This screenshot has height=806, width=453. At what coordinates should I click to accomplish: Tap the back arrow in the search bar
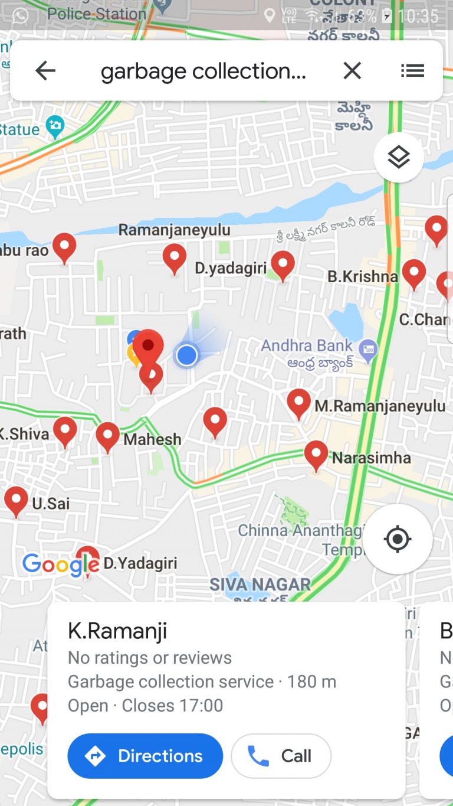coord(45,71)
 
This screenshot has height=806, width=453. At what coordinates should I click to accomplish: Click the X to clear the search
coord(352,71)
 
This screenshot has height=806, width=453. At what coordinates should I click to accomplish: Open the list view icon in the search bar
coord(412,71)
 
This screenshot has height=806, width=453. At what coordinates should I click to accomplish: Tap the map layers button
coord(399,157)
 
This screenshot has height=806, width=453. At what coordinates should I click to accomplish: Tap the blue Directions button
coord(145,756)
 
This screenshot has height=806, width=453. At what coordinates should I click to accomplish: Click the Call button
coord(281,756)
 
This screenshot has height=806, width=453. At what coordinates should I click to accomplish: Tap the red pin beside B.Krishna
coord(414,273)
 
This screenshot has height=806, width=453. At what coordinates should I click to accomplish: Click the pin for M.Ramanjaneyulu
coord(298,402)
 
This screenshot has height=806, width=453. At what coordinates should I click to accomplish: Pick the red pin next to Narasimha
coord(316,454)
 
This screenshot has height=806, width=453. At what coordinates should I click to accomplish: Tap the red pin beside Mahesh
coord(108,436)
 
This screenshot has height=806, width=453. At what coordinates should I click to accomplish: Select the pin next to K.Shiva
coord(65,430)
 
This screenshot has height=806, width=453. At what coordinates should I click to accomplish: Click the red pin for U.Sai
coord(16,500)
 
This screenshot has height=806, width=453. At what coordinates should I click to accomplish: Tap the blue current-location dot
coord(187,355)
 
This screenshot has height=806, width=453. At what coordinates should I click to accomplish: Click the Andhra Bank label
coord(307,345)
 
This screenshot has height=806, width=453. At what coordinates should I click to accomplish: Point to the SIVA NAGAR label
coord(260,585)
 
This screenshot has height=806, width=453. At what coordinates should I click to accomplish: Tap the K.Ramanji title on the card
coord(117,631)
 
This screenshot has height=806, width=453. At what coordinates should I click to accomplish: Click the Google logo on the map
coord(60,565)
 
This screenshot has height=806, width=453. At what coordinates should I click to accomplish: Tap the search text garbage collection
coord(203,71)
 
